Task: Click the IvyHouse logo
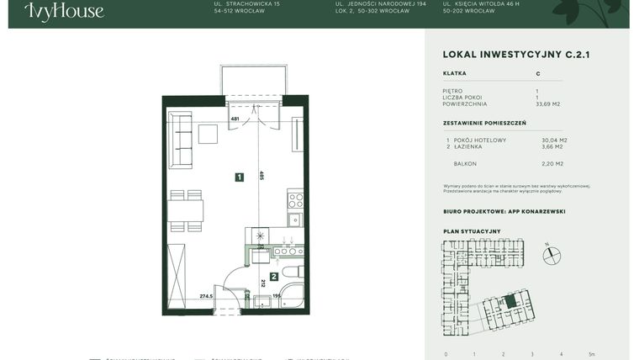click(x=64, y=11)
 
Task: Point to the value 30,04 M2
click(x=554, y=140)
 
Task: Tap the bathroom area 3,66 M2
click(x=552, y=146)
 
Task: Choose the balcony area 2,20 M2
click(x=552, y=164)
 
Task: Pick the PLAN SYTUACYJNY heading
click(x=472, y=231)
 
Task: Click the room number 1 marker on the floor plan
click(x=240, y=177)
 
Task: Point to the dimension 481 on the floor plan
click(x=235, y=119)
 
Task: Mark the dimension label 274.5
click(x=207, y=296)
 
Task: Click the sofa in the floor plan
click(x=180, y=140)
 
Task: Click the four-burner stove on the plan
click(x=295, y=200)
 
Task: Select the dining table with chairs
click(x=185, y=211)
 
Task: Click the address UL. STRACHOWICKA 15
click(x=247, y=3)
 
